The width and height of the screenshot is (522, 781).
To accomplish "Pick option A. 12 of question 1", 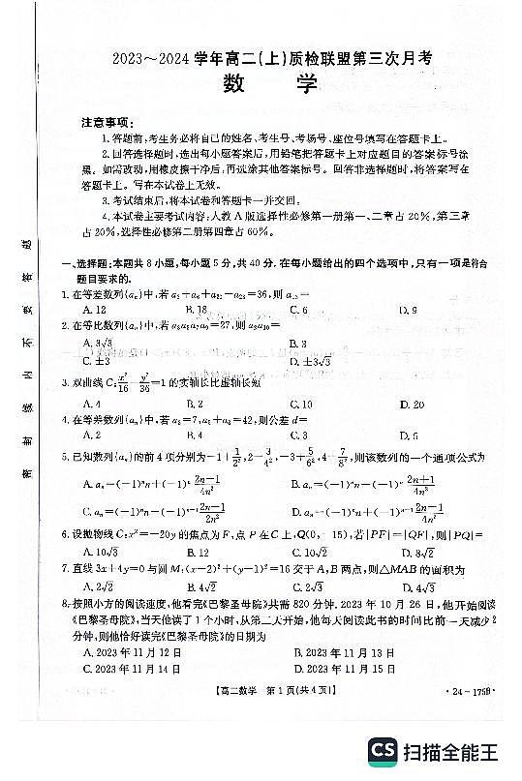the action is (x=94, y=310).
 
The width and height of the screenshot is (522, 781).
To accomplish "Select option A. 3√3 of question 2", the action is (x=98, y=344).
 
